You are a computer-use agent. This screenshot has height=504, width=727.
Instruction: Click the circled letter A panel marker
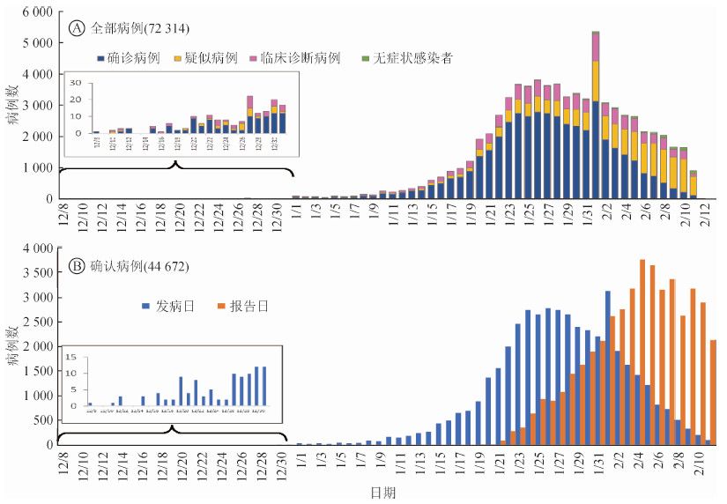pos(78,28)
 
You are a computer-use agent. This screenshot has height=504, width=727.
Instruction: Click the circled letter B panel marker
pos(78,266)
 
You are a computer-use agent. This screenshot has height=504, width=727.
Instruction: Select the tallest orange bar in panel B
pos(642,352)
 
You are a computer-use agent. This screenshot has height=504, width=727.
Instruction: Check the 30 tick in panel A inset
pos(76,83)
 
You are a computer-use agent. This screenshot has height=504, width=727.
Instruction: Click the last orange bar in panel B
pos(713,392)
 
